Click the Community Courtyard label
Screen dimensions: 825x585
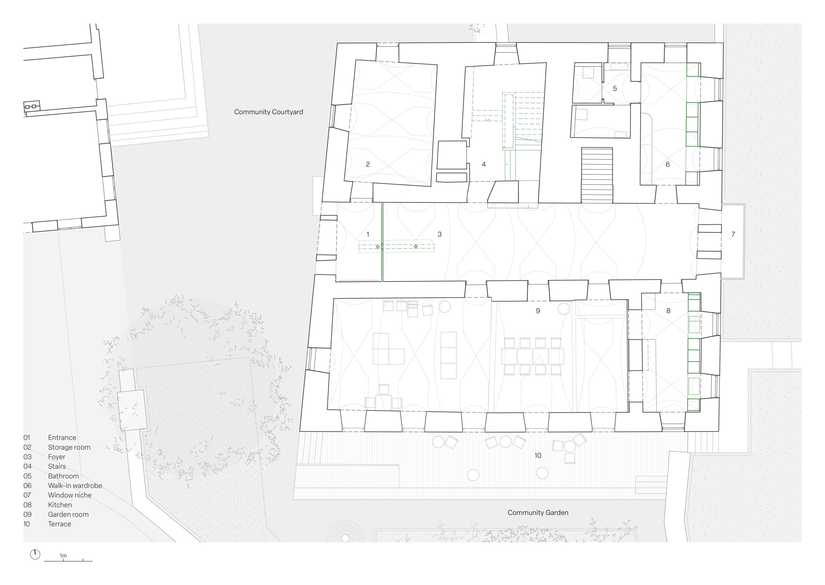point(269,112)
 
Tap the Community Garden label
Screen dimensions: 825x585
point(538,513)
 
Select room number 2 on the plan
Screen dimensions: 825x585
point(368,164)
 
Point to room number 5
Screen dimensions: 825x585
point(615,88)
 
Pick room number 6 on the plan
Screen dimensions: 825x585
point(667,164)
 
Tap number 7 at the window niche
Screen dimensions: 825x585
point(733,234)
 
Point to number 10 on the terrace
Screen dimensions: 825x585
point(538,455)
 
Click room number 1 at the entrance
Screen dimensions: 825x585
point(367,234)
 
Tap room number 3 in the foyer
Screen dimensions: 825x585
point(439,234)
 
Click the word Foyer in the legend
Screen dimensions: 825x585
point(57,457)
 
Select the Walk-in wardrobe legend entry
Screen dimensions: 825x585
point(75,486)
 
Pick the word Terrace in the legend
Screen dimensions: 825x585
point(60,524)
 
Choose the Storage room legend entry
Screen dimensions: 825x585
point(69,448)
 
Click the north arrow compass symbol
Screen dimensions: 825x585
point(35,554)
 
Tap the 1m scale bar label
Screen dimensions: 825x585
point(63,556)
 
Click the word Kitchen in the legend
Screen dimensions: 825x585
point(60,505)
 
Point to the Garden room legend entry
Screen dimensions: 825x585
point(68,514)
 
